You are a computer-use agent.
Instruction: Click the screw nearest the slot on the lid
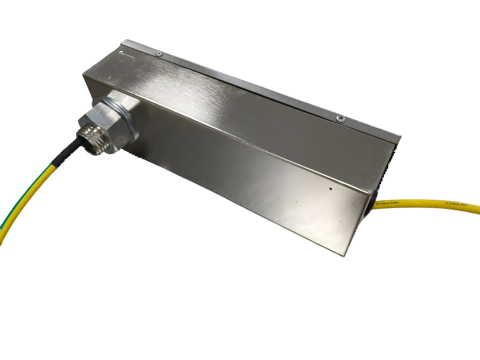coord(159,54)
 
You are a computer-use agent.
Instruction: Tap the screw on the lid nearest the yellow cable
coord(341,119)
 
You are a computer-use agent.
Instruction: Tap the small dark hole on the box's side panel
coord(331,189)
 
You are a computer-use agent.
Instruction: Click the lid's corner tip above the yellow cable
coord(400,136)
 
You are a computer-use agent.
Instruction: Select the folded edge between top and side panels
coord(234,136)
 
